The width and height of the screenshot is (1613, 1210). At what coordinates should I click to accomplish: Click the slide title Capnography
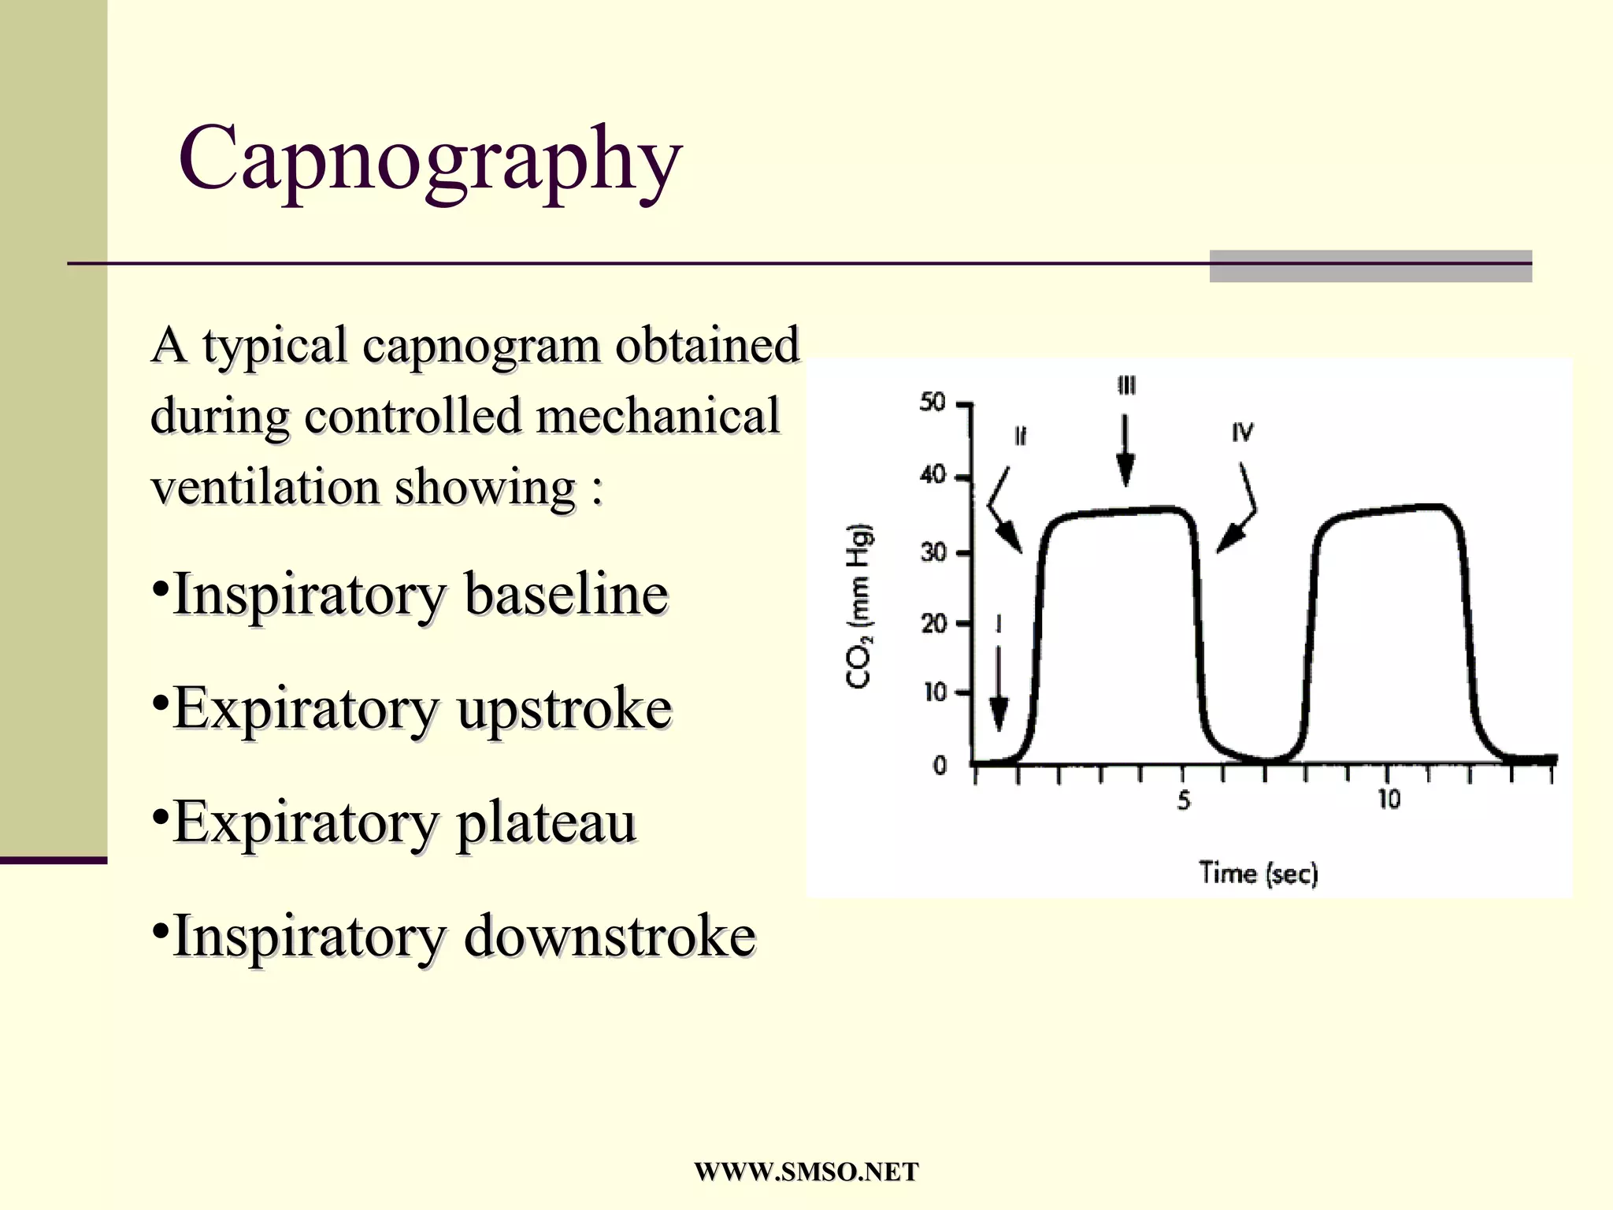tap(430, 159)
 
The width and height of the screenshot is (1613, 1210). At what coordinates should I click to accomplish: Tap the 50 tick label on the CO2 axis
tap(933, 403)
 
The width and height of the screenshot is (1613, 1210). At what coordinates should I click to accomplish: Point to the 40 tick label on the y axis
tap(933, 475)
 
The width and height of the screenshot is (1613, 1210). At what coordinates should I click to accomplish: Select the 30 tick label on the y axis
tap(933, 552)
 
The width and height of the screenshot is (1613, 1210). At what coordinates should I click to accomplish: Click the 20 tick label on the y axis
tap(933, 624)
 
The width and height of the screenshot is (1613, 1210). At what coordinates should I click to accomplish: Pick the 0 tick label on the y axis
tap(940, 765)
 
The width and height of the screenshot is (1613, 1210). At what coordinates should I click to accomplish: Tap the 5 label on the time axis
tap(1184, 801)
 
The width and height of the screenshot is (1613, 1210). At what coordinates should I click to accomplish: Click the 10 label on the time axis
tap(1389, 800)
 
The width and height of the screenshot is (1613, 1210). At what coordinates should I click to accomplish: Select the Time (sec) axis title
tap(1258, 873)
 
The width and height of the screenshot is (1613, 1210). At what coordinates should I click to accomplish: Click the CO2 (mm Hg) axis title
tap(859, 607)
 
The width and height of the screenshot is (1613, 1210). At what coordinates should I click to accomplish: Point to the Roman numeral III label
tap(1126, 386)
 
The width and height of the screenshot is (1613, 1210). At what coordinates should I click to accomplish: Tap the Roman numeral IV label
tap(1243, 432)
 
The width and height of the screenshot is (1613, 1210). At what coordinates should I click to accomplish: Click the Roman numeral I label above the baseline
tap(999, 625)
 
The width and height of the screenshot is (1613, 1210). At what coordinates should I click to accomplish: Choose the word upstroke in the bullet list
tap(565, 707)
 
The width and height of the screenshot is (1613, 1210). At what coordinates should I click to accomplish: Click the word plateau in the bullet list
tap(546, 822)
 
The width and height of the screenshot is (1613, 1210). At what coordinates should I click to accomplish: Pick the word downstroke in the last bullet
tap(610, 936)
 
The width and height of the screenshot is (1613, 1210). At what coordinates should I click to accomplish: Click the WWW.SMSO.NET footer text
tap(806, 1172)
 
